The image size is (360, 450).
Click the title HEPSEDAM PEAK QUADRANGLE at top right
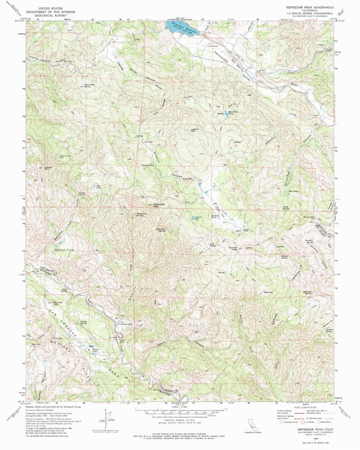(303, 6)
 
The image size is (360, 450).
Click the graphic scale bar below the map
(180, 410)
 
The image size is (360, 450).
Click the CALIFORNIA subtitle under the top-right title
(303, 10)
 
